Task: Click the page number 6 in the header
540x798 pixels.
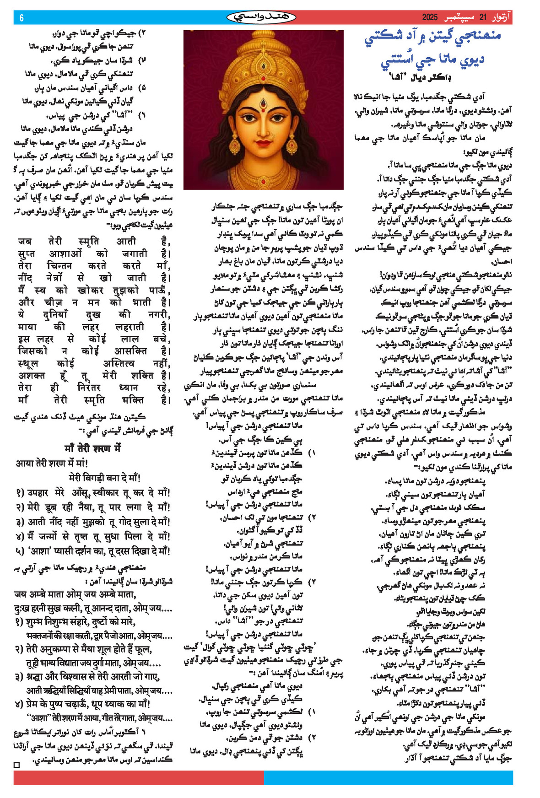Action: (21, 18)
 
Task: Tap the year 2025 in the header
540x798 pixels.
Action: (430, 17)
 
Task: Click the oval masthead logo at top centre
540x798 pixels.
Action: (261, 17)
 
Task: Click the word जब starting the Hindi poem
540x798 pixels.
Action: (25, 241)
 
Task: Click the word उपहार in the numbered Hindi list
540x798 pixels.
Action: (38, 493)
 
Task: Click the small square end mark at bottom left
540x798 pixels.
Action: (17, 765)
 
